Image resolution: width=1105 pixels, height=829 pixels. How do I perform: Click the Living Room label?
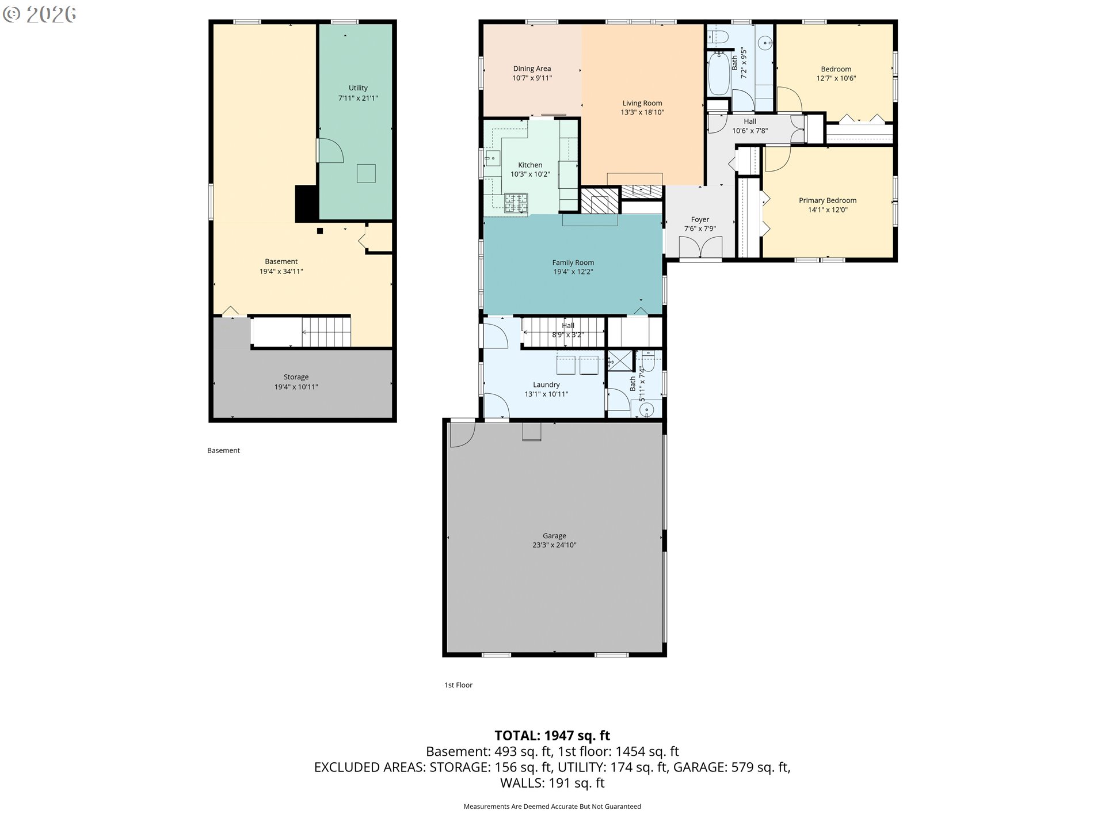pos(642,103)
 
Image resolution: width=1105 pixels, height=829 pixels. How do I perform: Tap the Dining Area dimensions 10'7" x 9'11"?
pos(532,78)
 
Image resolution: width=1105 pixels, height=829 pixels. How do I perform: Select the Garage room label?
pos(554,535)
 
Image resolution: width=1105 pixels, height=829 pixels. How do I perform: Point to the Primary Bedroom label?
pos(828,200)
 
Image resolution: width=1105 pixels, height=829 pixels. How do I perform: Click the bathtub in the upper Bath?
pos(718,74)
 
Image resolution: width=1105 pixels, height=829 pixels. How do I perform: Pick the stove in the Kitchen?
pos(516,203)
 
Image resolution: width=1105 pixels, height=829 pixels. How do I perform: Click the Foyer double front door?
pos(700,247)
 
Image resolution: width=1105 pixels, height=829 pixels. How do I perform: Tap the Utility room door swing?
pos(331,150)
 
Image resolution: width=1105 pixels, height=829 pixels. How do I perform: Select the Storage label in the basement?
pos(296,377)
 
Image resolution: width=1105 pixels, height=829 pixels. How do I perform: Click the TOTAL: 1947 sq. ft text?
pos(552,735)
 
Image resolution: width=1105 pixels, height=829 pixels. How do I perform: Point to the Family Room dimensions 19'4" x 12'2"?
pos(573,272)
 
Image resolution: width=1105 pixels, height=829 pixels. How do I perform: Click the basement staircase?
pos(326,332)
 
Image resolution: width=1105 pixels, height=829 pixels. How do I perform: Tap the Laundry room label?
pos(546,385)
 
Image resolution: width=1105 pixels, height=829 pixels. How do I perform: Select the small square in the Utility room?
pos(366,173)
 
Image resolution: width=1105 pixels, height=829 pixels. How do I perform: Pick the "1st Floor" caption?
pos(458,685)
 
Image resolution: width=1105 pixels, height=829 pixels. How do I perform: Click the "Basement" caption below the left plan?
pos(223,451)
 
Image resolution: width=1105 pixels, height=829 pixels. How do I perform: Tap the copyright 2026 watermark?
pos(39,14)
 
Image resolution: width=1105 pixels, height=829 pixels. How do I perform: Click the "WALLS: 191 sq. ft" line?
pos(552,783)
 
